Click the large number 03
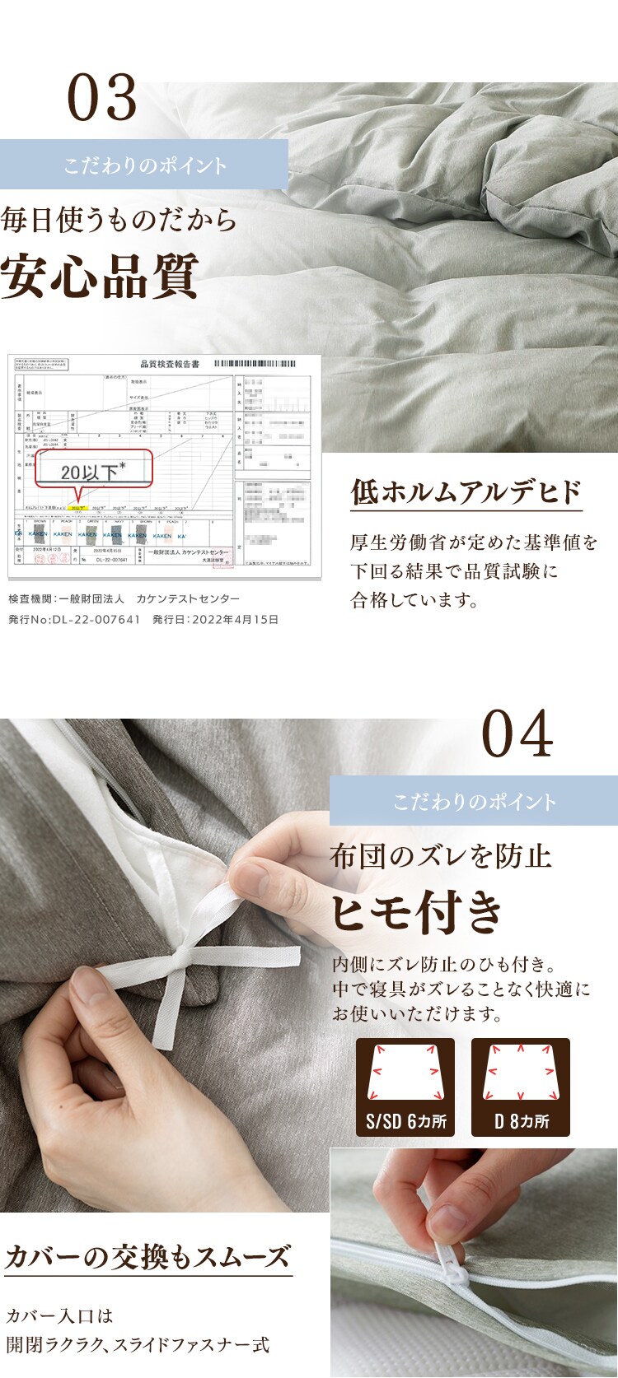click(x=102, y=98)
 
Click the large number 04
click(x=517, y=734)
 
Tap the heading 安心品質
click(x=100, y=277)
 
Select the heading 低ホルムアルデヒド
click(x=466, y=492)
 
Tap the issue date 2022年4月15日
click(x=234, y=619)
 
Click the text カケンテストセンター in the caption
click(x=188, y=598)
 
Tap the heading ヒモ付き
click(x=417, y=912)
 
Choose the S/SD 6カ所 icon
click(x=405, y=1087)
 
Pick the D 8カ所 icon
click(x=521, y=1087)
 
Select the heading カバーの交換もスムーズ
click(x=148, y=1257)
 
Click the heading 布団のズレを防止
click(x=441, y=856)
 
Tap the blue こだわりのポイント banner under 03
click(x=144, y=165)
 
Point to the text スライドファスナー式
click(x=191, y=1345)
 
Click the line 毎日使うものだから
click(x=119, y=221)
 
